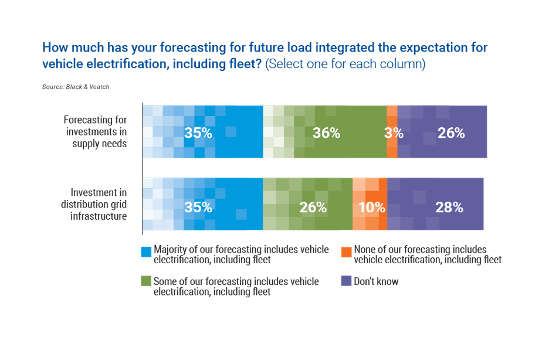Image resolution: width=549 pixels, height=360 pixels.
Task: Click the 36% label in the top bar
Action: coord(326,133)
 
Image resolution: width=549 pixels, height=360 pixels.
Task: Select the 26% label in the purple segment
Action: coord(451,133)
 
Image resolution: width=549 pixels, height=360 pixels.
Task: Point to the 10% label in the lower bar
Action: coord(371,207)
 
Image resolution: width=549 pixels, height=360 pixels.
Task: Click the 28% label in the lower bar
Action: coord(449,207)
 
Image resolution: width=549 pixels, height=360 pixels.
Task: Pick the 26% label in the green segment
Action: coord(313,207)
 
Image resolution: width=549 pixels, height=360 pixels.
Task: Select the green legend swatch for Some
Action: coord(147,281)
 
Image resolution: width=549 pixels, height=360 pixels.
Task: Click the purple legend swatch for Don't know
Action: coord(346,281)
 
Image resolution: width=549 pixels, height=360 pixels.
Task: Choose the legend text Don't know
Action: coord(376,281)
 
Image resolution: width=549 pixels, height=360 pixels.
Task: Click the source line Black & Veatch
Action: coord(76,87)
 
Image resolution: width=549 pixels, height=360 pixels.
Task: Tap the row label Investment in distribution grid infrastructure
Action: coord(99,203)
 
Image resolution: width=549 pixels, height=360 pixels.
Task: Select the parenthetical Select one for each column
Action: coord(345,64)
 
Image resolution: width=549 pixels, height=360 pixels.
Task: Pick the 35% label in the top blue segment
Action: coord(198,133)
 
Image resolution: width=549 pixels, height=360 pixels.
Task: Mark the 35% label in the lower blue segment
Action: coord(198,207)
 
